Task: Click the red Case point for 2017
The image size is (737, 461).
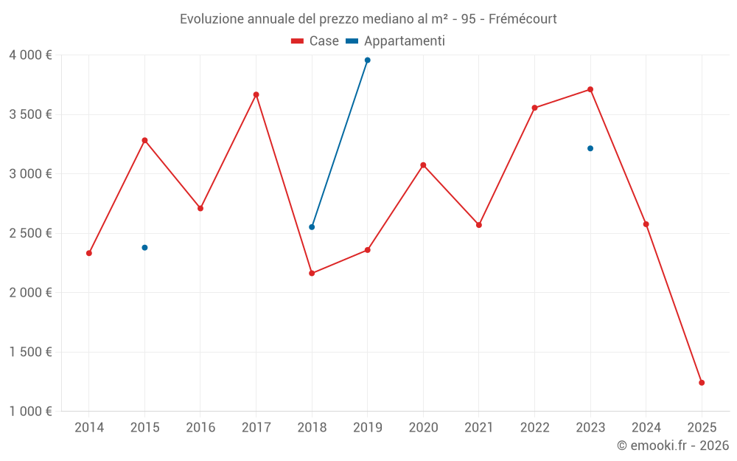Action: tap(256, 94)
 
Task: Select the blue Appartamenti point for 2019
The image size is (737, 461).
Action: tap(367, 60)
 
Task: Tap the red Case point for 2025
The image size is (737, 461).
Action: tap(702, 383)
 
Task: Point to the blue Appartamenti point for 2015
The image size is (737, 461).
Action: tap(144, 248)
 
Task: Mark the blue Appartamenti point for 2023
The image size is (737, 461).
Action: tap(590, 148)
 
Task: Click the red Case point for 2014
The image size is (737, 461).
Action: tap(89, 253)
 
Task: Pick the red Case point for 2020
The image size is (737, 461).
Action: tap(423, 165)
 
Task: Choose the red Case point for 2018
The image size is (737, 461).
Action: tap(312, 273)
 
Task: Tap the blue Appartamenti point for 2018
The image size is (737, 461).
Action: tap(312, 227)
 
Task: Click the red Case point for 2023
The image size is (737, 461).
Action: tap(590, 89)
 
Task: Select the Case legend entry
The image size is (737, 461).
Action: tap(315, 41)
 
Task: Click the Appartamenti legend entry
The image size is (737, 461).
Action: tap(396, 41)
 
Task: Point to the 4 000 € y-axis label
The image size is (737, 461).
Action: tap(30, 55)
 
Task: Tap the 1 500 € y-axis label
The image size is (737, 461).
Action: tap(30, 352)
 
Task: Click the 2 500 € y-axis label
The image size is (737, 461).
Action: tap(30, 233)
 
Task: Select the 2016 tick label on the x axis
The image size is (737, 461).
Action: tap(200, 427)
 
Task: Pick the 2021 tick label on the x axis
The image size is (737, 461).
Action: tap(479, 427)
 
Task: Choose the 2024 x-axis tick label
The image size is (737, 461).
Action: tap(646, 427)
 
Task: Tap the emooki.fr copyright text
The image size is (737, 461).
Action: tap(672, 446)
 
